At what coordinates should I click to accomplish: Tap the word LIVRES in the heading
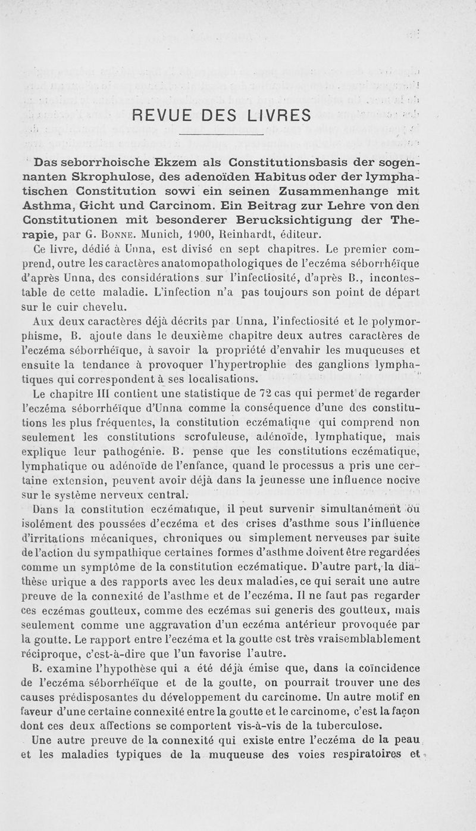277,114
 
